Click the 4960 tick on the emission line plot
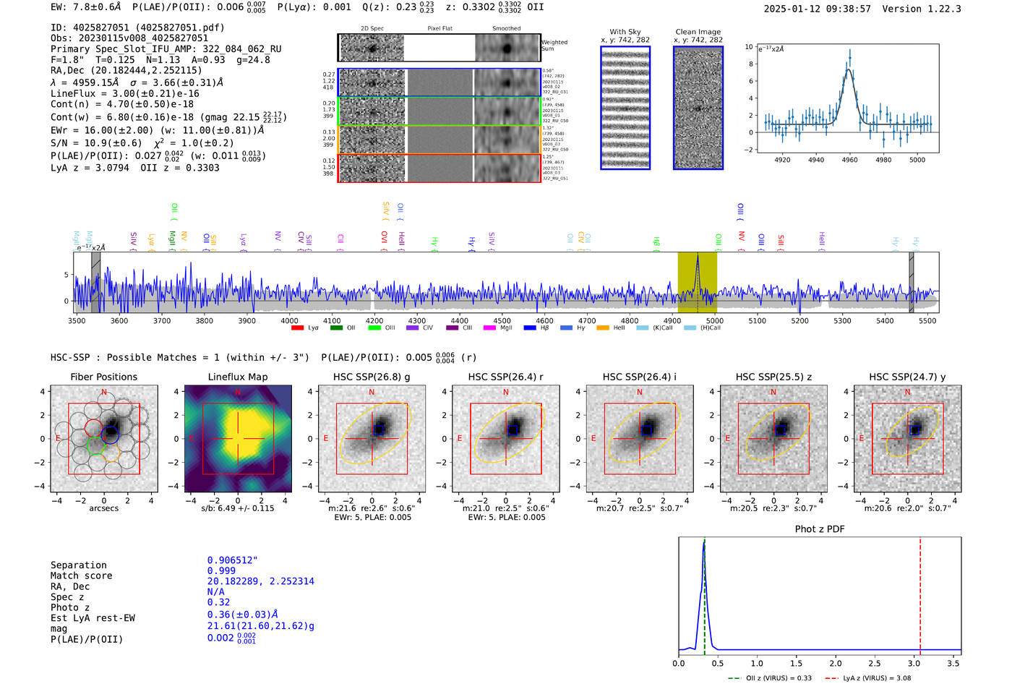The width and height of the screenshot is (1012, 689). pos(849,160)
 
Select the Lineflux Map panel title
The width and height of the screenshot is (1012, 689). pos(237,377)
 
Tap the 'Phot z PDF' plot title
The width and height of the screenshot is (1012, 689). pos(820,529)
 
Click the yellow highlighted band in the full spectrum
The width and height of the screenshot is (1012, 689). pos(697,282)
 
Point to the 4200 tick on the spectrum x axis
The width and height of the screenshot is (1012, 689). pos(374,321)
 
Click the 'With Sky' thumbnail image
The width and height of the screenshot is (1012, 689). pos(625,108)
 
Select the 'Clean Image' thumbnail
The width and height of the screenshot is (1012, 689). pos(698,108)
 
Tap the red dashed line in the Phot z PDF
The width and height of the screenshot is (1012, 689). pos(920,593)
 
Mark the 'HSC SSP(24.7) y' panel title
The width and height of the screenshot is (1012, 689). pos(907,377)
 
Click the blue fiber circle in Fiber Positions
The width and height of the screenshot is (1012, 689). pos(111,435)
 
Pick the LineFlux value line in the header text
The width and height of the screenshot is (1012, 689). pos(124,93)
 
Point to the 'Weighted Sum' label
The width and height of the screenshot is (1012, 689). pos(554,46)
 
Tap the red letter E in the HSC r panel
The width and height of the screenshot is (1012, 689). pos(460,439)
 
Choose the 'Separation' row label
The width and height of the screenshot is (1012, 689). pos(78,565)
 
